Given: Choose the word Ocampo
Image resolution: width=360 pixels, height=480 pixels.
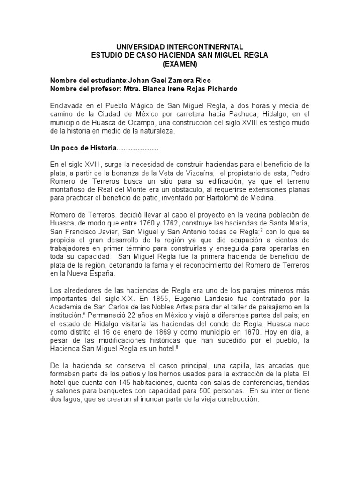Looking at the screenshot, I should (129, 123).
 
